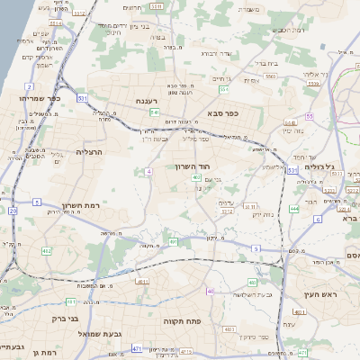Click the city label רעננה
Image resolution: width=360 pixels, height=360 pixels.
tap(144, 103)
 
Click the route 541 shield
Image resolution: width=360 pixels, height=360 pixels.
tap(156, 112)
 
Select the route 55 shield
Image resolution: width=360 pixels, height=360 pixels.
tap(309, 116)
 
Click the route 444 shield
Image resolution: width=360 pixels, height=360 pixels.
tap(293, 209)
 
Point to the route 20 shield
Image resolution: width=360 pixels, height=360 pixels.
tap(13, 210)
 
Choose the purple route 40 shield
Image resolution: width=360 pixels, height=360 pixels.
tap(211, 292)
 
